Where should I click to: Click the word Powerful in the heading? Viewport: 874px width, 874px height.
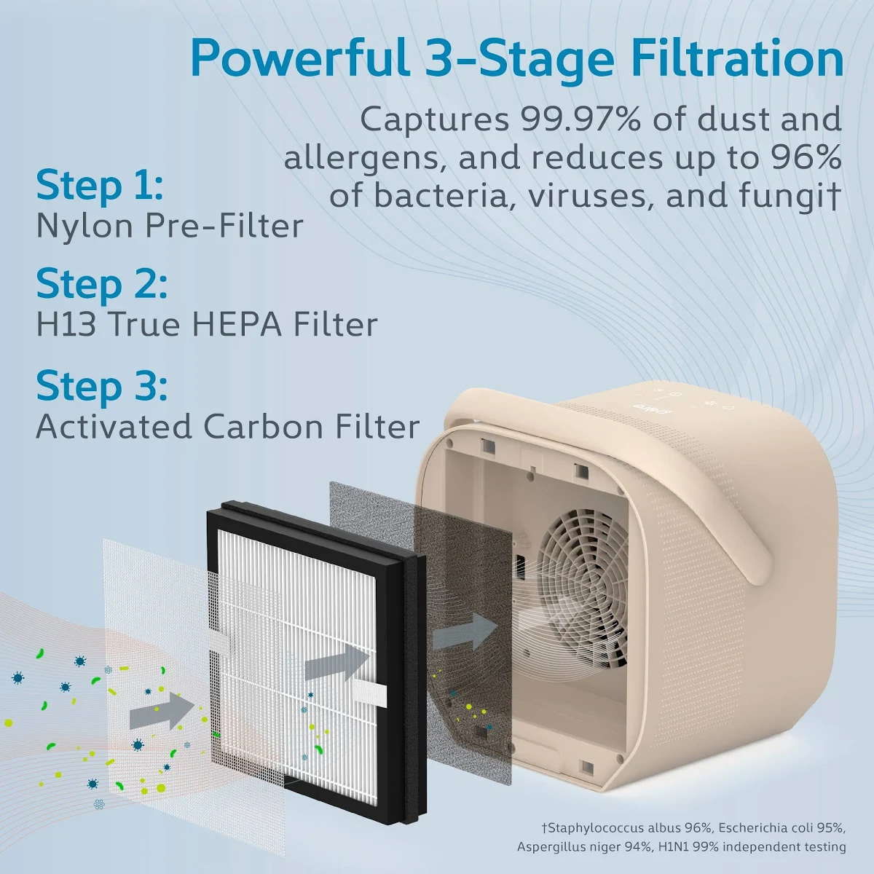point(300,58)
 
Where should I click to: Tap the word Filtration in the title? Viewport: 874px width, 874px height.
point(731,58)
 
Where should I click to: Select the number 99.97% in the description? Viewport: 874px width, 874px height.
point(580,119)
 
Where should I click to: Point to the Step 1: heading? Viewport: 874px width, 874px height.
point(99,186)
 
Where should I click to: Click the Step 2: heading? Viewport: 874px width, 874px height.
point(101,284)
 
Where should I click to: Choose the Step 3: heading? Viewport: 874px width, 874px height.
point(101,386)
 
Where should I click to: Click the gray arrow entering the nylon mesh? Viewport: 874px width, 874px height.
point(162,711)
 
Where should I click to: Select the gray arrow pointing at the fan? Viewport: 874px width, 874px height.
point(465,631)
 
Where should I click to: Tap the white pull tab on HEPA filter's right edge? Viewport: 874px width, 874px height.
point(370,693)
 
